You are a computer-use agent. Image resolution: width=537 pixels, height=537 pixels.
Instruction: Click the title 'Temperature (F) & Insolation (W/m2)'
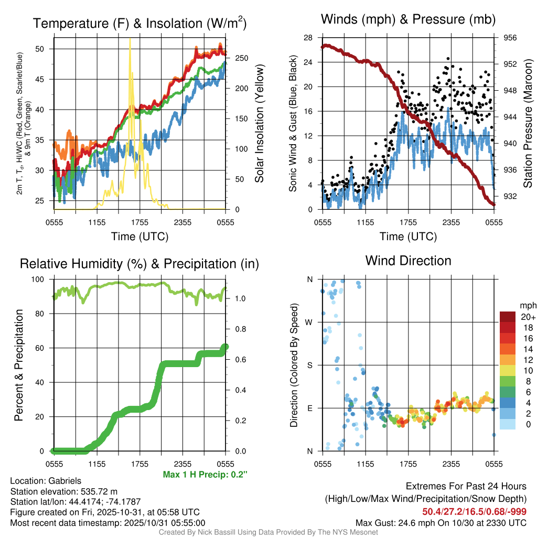point(139,23)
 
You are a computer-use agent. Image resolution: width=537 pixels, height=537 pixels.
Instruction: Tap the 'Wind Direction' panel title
point(408,261)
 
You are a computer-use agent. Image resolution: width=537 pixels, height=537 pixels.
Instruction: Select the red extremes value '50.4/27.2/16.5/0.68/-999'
point(475,511)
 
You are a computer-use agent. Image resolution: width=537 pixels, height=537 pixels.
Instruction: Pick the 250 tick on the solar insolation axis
point(237,58)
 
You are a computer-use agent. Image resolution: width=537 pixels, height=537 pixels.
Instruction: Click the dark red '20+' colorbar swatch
point(508,317)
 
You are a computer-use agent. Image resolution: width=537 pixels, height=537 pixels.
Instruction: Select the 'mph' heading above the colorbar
point(527,305)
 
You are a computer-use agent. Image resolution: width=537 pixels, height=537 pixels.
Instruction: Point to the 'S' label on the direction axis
point(309,365)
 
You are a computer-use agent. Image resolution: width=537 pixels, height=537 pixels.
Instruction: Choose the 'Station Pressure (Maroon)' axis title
point(529,123)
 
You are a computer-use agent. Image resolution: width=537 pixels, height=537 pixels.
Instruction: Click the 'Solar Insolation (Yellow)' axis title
point(259,123)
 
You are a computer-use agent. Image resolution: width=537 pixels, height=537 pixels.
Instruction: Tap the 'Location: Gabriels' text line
point(46,481)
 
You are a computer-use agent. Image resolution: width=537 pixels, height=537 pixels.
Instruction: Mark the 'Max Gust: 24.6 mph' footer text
point(441,522)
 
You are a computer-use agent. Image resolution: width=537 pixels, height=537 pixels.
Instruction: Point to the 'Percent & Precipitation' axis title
point(19,365)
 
